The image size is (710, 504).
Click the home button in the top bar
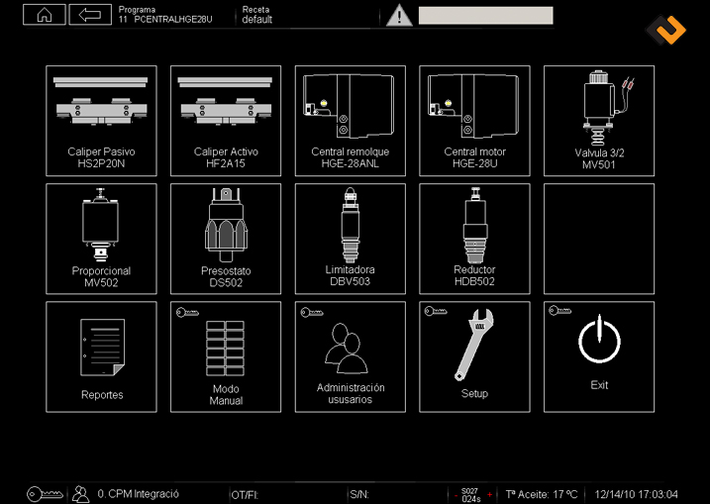[45, 15]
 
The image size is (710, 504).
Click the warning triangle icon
[399, 16]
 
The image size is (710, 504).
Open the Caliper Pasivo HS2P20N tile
[101, 121]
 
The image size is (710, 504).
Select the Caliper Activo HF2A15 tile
[226, 121]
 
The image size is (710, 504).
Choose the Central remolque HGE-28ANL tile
[350, 121]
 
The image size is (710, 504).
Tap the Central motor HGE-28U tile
[474, 121]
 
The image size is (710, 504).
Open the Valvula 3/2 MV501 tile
[599, 121]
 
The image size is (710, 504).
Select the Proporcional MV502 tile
[101, 239]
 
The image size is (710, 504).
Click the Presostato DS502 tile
[226, 239]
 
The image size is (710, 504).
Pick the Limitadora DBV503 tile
[350, 239]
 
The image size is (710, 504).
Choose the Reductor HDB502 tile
[474, 239]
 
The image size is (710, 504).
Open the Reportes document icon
[102, 348]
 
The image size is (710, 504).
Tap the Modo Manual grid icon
[226, 349]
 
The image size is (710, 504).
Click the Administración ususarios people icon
[347, 349]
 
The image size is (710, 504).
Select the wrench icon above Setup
[474, 345]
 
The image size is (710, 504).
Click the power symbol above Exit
[599, 340]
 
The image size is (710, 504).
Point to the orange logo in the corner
[665, 30]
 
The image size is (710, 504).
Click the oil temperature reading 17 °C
[560, 494]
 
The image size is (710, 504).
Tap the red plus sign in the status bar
[489, 494]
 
